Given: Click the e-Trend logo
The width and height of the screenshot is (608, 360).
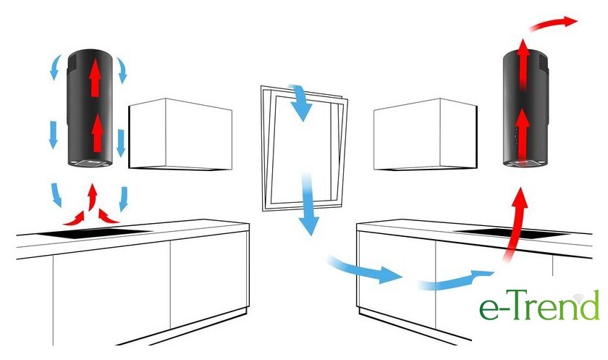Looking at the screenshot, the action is (539, 305).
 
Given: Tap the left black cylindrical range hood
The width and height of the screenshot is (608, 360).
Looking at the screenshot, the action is (90, 108).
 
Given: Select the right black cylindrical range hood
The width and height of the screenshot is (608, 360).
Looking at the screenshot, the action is (525, 108).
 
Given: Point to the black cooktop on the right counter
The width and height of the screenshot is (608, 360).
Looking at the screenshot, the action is (512, 233).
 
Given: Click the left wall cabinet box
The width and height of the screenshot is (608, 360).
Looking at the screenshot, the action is (180, 134).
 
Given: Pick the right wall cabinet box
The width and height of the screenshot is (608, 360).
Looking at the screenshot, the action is (426, 134).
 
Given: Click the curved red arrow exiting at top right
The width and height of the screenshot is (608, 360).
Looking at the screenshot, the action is (552, 23).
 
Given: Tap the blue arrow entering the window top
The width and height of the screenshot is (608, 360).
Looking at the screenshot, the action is (300, 101).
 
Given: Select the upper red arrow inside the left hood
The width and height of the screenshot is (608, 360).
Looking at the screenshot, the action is (95, 77).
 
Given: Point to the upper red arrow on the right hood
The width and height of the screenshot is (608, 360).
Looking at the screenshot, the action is (523, 64).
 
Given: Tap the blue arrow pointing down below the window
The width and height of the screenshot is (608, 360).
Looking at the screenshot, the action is (308, 204).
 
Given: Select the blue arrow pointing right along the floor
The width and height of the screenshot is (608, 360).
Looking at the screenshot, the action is (365, 270).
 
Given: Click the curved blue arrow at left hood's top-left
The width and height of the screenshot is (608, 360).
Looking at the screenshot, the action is (56, 67).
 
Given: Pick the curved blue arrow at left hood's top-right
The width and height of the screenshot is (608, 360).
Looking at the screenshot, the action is (122, 70).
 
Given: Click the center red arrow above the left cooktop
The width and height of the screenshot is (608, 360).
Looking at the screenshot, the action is (92, 197).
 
